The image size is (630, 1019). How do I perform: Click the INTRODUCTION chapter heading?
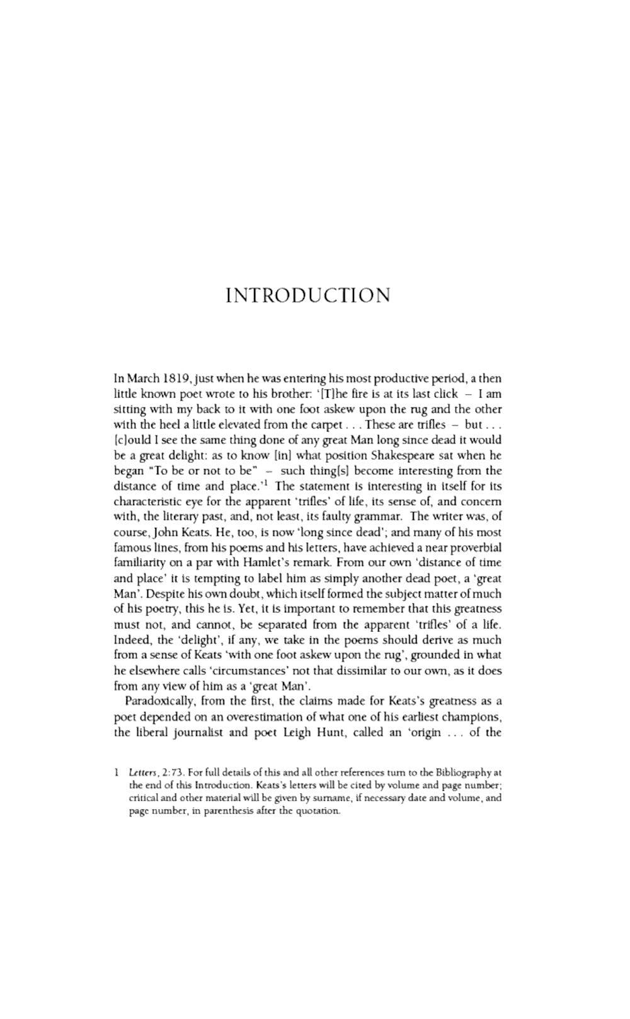click(308, 296)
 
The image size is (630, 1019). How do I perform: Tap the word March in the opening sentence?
click(143, 379)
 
